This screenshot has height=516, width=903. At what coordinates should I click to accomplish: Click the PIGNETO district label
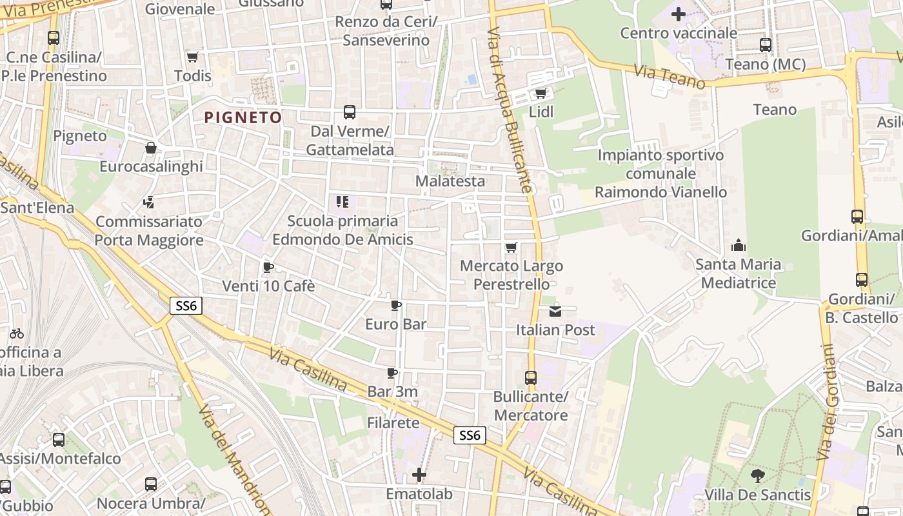click(x=243, y=117)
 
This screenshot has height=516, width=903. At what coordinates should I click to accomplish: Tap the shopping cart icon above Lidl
click(x=541, y=94)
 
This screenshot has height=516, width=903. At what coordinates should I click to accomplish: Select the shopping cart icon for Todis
click(x=192, y=57)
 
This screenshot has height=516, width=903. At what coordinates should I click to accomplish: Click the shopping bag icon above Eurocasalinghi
click(x=150, y=148)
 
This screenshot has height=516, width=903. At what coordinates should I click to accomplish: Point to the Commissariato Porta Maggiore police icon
click(x=149, y=203)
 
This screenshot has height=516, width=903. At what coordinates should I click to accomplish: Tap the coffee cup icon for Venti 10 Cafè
click(x=268, y=267)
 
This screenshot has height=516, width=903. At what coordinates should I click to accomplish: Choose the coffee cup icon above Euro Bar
click(x=396, y=305)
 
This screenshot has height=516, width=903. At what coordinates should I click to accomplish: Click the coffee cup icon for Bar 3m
click(x=392, y=373)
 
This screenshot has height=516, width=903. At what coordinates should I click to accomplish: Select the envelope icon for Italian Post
click(x=555, y=312)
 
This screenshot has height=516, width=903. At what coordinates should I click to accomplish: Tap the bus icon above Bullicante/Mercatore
click(x=530, y=378)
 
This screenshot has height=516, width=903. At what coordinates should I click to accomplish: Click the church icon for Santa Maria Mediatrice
click(x=738, y=245)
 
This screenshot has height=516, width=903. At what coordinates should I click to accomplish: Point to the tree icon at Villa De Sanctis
click(x=757, y=476)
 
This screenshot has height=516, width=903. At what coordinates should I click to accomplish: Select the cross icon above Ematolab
click(x=419, y=475)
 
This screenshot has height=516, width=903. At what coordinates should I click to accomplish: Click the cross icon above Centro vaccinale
click(x=678, y=14)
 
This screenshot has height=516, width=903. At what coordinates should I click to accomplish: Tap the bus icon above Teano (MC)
click(x=766, y=45)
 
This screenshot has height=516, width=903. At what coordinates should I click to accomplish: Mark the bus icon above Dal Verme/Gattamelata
click(x=349, y=112)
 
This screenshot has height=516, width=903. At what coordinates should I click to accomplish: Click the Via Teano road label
click(x=670, y=77)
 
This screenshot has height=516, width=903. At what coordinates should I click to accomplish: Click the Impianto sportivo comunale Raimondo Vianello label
click(x=660, y=174)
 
